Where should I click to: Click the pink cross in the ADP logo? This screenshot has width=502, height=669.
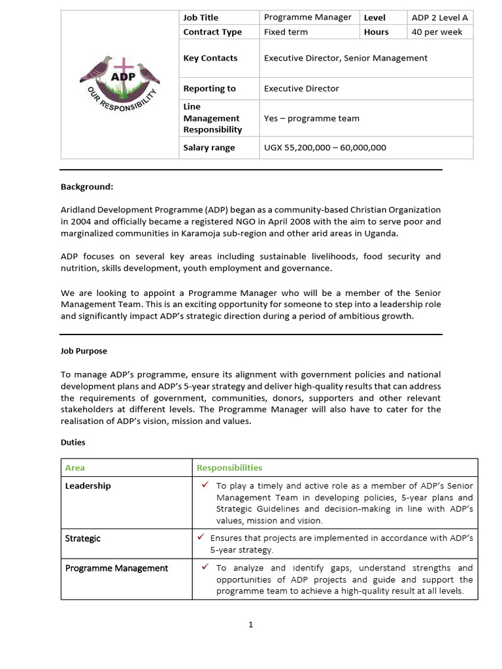coord(120,67)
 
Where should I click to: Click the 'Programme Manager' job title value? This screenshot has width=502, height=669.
coord(307,18)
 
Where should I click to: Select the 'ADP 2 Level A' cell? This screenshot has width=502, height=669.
coord(440,18)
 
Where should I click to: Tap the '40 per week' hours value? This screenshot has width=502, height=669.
coord(437,32)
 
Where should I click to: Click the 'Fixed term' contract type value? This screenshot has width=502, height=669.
coord(285,32)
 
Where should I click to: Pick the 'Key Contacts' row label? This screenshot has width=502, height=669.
coord(210,58)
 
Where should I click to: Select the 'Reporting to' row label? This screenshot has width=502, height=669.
coord(209,89)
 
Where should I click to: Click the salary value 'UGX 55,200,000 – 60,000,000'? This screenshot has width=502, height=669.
coord(325,148)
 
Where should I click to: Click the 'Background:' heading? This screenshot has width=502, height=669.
coord(87,187)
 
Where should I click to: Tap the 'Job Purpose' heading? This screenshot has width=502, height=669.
coord(84,351)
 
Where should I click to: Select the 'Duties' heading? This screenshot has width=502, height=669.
coord(73,442)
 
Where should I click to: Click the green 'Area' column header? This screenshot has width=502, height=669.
coord(75,468)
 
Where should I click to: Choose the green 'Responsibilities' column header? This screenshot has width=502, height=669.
coord(229,468)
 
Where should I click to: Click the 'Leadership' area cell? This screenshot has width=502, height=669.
coord(88,486)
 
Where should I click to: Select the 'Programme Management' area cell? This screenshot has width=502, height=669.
coord(116,568)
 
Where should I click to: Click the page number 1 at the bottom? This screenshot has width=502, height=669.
coord(250,625)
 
